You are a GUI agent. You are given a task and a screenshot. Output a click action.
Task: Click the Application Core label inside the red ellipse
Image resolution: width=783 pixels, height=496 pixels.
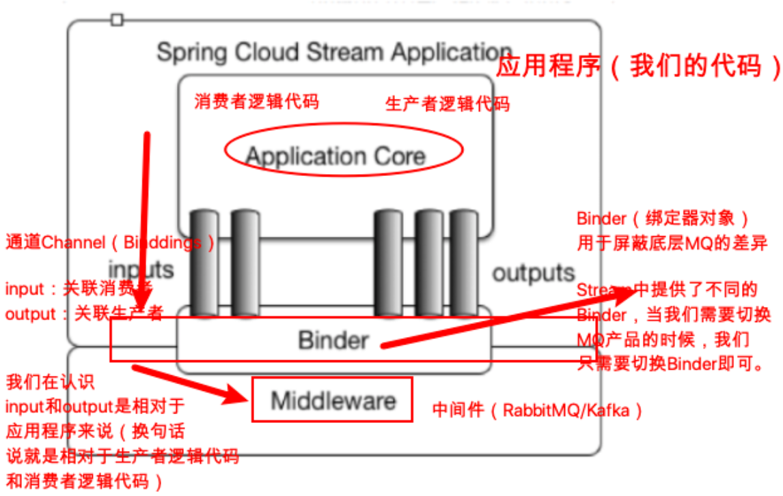tap(335, 156)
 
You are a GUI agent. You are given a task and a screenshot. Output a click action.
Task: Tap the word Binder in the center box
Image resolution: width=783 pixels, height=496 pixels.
tap(333, 339)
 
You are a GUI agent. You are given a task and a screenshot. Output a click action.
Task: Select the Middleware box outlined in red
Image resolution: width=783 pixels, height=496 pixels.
tap(333, 400)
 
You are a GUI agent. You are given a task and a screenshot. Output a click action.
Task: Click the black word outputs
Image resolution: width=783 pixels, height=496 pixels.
tap(534, 273)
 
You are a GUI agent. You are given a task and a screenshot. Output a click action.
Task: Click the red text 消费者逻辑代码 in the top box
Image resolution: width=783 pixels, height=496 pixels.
tap(257, 102)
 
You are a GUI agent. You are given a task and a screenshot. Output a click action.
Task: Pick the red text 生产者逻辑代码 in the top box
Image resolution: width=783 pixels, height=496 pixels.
tap(448, 104)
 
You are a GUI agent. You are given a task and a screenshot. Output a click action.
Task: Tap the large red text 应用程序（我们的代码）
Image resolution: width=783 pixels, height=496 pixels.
tap(637, 68)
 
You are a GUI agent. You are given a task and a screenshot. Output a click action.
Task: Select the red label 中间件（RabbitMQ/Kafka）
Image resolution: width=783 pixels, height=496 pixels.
tap(538, 411)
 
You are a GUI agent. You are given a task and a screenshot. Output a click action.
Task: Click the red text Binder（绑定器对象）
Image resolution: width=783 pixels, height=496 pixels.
tap(663, 219)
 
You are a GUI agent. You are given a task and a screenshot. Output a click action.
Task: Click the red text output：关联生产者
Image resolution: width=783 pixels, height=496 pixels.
tap(84, 314)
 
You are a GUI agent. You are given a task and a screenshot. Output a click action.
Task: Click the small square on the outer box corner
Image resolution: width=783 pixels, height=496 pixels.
tap(117, 20)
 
